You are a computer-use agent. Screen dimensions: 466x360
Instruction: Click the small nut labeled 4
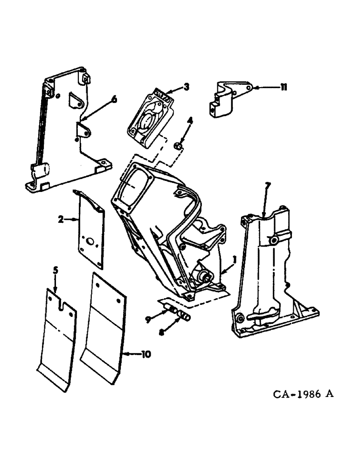(178, 147)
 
